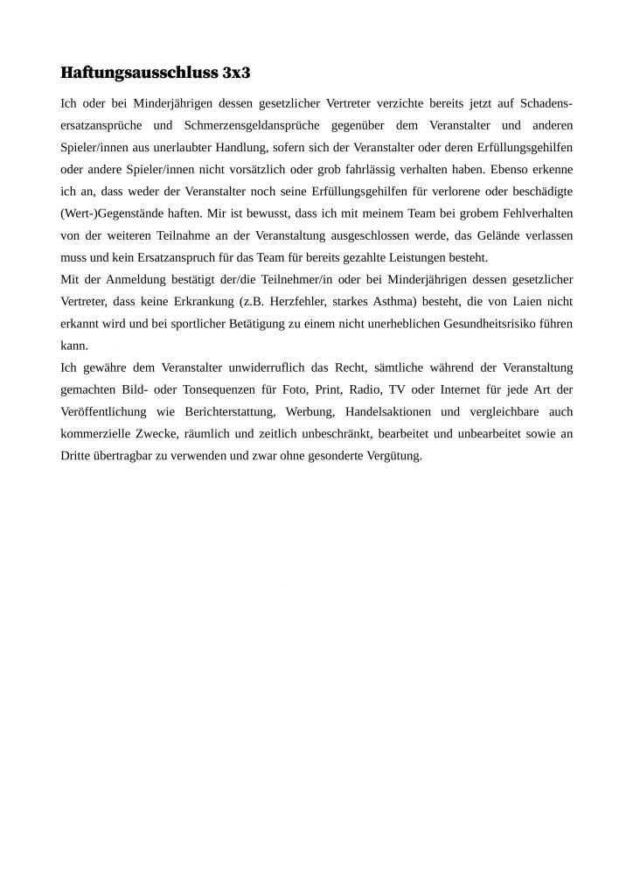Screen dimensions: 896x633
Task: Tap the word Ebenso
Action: [516, 169]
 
